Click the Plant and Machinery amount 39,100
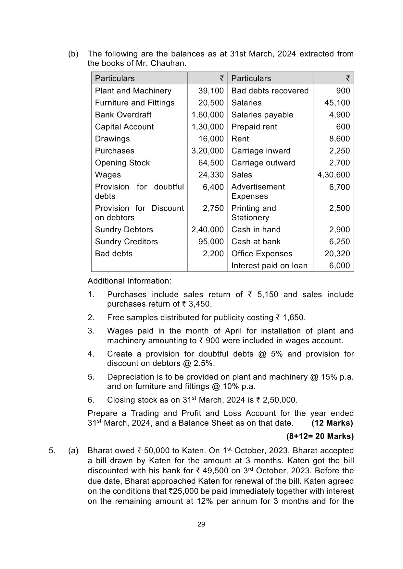[x=211, y=91]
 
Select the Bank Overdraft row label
[x=123, y=115]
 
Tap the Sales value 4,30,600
[x=334, y=175]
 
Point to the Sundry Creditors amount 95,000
[x=211, y=242]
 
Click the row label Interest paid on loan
[x=269, y=266]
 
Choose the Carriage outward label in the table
[x=263, y=163]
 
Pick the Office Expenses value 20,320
[x=337, y=254]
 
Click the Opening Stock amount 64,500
[x=211, y=163]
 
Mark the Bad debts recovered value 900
[x=343, y=91]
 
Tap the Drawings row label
[x=112, y=139]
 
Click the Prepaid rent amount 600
[x=343, y=127]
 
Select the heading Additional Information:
[x=129, y=281]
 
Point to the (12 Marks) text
[x=332, y=423]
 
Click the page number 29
[x=201, y=524]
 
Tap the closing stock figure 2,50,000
[x=280, y=400]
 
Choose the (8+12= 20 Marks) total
[x=320, y=436]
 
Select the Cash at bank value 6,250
[x=339, y=242]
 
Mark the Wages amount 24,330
[x=211, y=175]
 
